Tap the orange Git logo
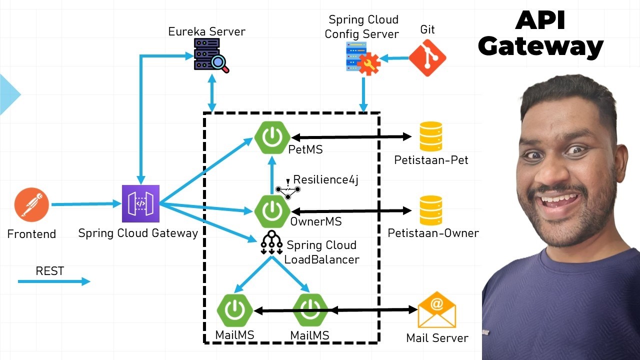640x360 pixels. [427, 57]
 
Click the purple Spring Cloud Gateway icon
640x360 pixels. [140, 203]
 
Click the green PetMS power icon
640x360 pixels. [272, 137]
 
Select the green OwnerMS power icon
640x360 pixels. [272, 211]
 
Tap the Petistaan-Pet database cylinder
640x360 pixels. [430, 136]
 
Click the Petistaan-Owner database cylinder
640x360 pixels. [430, 210]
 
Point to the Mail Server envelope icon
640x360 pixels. [436, 309]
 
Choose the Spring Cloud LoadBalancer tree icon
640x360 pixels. [271, 242]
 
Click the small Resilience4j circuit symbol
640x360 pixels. [288, 189]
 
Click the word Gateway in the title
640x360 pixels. [540, 47]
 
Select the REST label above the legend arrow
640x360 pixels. [50, 271]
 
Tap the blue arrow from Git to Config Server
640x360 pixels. [394, 58]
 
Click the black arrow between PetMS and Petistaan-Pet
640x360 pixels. [350, 136]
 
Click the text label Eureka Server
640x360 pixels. [206, 31]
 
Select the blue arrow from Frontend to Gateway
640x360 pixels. [82, 204]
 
